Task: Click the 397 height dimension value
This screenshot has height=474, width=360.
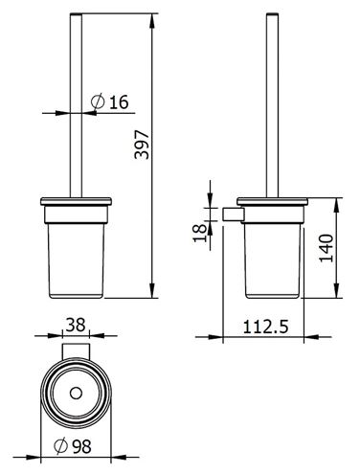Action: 142,145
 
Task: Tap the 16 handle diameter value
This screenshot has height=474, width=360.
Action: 119,102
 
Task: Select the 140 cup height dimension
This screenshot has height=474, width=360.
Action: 326,248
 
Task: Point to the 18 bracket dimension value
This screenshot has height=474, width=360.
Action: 200,233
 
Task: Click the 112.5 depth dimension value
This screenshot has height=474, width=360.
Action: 265,327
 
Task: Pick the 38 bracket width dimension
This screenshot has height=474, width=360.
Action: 76,325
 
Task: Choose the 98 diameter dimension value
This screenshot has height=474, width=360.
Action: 81,446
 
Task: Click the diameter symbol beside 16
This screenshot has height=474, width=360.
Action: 98,102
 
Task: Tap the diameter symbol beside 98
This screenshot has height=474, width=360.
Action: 60,446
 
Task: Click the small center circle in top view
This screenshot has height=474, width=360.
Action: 76,394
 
